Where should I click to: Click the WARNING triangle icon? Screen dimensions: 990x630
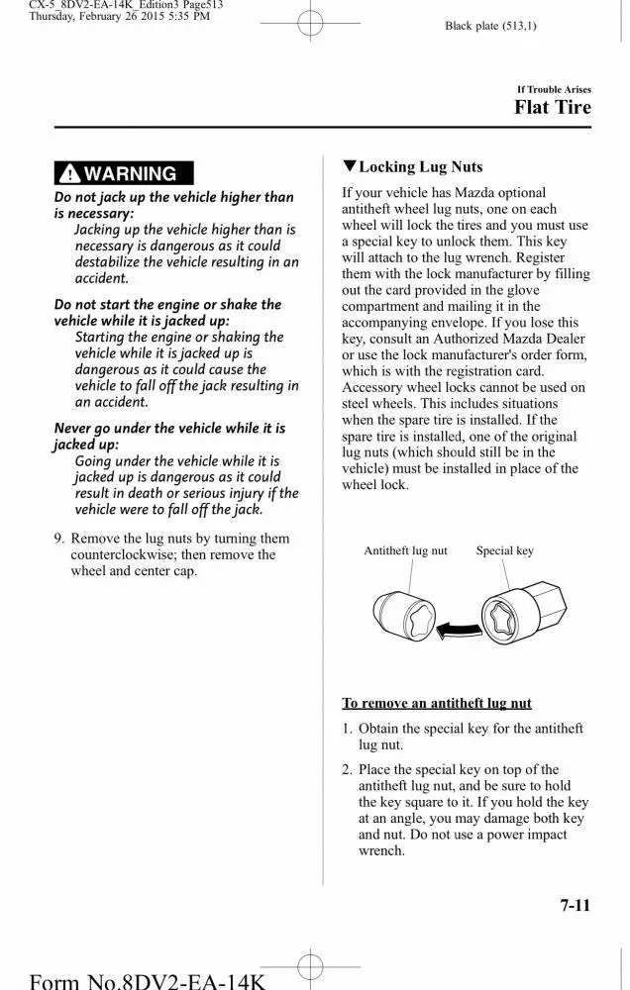pyautogui.click(x=69, y=174)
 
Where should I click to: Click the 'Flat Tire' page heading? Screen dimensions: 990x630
pyautogui.click(x=552, y=107)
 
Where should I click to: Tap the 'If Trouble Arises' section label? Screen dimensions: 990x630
pyautogui.click(x=554, y=89)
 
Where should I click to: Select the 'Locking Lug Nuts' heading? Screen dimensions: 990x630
pyautogui.click(x=420, y=167)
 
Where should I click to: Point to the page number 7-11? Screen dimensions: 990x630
pyautogui.click(x=575, y=905)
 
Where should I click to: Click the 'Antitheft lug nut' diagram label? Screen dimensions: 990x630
pyautogui.click(x=405, y=550)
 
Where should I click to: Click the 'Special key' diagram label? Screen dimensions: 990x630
pyautogui.click(x=504, y=550)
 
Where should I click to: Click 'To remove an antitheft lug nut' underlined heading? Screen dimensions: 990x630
pyautogui.click(x=437, y=704)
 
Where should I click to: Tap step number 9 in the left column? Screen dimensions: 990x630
pyautogui.click(x=59, y=539)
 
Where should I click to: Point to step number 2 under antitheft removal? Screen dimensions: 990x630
pyautogui.click(x=348, y=770)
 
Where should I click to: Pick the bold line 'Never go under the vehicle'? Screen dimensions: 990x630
pyautogui.click(x=168, y=429)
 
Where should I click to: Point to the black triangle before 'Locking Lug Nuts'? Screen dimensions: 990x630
pyautogui.click(x=349, y=166)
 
